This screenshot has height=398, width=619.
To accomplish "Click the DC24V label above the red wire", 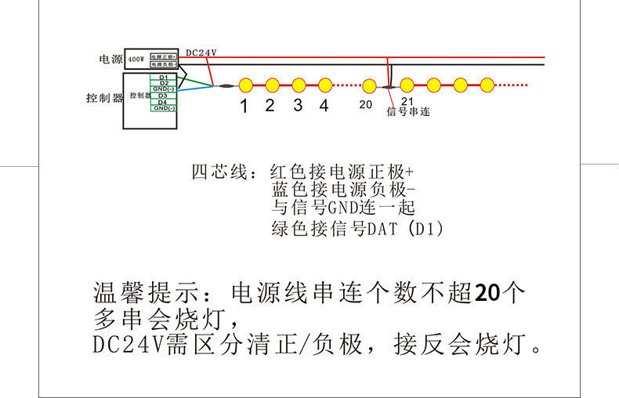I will click(x=201, y=53).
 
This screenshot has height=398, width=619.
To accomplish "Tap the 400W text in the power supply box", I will click(x=136, y=59).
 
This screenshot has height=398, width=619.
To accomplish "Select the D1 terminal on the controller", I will click(x=163, y=78).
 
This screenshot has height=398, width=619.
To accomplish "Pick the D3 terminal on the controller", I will click(x=163, y=96).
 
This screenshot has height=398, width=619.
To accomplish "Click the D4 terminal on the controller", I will click(x=163, y=102).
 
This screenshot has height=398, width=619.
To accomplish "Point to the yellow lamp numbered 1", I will click(x=244, y=84).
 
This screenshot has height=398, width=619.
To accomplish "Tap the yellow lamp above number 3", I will click(x=299, y=84).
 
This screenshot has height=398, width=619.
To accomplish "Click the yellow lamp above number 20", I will click(x=369, y=85).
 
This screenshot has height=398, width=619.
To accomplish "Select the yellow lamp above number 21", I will click(x=407, y=84).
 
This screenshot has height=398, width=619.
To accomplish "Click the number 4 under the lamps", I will click(x=324, y=106).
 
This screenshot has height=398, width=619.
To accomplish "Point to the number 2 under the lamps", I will click(x=270, y=106).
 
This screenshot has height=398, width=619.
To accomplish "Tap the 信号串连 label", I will click(x=408, y=112).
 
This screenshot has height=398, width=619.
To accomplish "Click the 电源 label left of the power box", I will click(x=110, y=60).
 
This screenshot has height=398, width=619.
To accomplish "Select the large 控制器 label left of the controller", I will click(x=104, y=98).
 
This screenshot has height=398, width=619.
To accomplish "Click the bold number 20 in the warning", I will click(x=487, y=293).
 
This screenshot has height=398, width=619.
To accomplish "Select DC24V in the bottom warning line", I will click(x=126, y=345).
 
